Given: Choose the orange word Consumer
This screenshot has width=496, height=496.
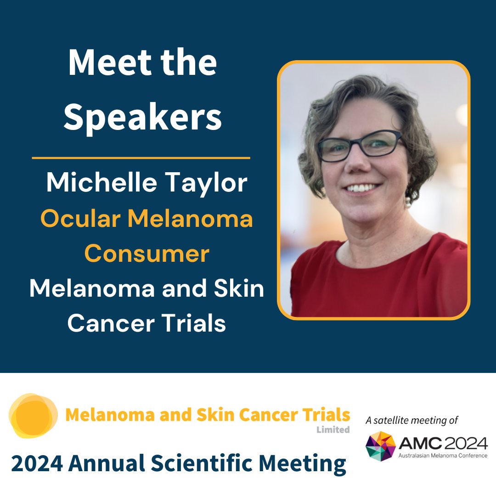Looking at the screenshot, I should [147, 254].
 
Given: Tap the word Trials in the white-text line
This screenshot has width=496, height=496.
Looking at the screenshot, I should [201, 323].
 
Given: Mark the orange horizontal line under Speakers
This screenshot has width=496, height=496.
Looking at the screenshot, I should [141, 158].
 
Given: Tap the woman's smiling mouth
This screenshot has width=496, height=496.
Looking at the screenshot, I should [363, 188].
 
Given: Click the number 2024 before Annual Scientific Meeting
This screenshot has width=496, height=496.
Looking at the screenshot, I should [37, 464].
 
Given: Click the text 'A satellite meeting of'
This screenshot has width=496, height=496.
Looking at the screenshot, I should [411, 420].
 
